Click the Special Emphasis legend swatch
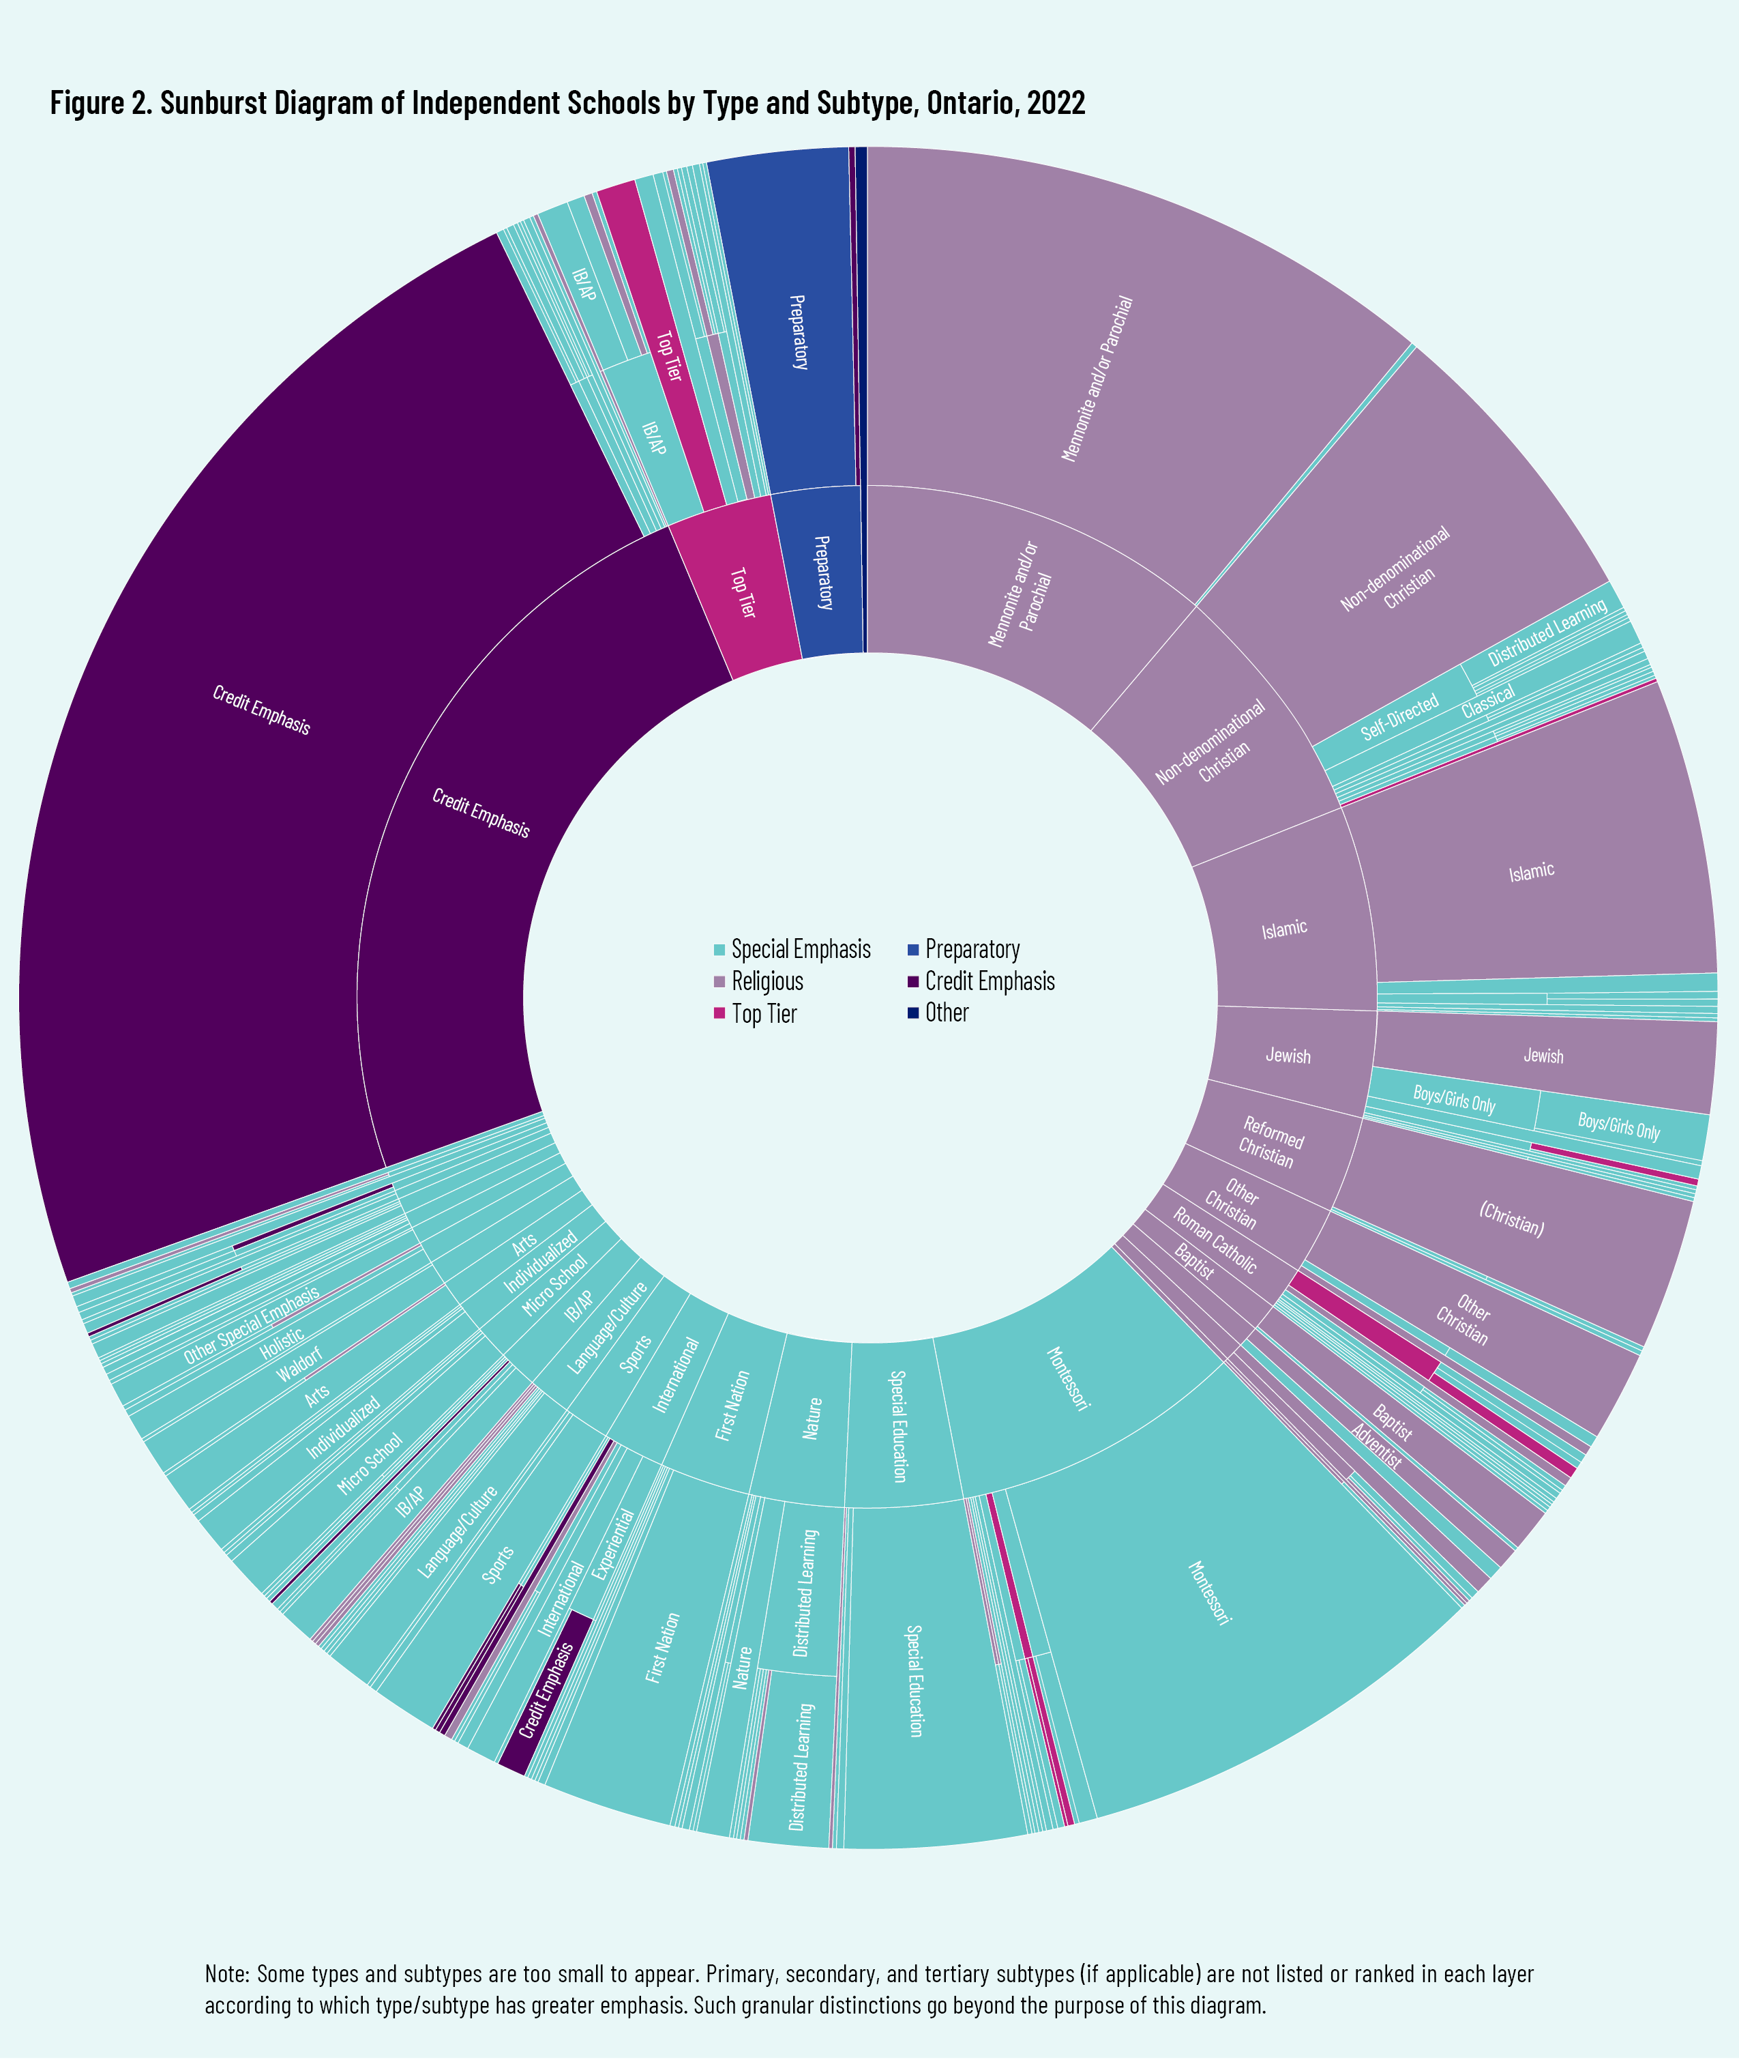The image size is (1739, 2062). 719,950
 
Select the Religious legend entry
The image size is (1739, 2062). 767,982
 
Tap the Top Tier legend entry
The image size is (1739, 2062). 763,1014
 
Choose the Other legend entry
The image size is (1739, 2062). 947,1013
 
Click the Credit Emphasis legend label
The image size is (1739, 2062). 989,982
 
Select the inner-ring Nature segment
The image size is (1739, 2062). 812,1418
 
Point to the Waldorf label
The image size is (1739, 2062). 299,1365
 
